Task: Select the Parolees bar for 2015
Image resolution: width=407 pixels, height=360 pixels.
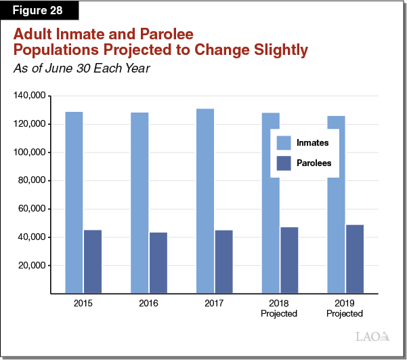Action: click(x=93, y=262)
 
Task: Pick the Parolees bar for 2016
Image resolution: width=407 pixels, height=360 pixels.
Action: click(x=158, y=263)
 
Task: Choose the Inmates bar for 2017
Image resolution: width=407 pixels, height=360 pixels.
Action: click(x=205, y=201)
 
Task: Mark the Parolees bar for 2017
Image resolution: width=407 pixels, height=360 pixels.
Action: click(x=223, y=262)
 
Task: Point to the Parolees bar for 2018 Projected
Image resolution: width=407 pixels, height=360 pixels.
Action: click(x=289, y=260)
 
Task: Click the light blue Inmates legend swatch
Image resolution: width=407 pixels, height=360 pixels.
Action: click(x=284, y=143)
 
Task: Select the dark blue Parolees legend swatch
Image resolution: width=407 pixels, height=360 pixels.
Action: click(x=284, y=163)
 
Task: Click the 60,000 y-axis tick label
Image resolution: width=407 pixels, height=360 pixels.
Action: click(x=30, y=209)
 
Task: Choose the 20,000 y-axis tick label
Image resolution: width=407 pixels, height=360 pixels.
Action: click(x=30, y=266)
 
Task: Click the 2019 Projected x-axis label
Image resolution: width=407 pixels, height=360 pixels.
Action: click(x=345, y=309)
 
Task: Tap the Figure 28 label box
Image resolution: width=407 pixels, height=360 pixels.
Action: click(x=39, y=11)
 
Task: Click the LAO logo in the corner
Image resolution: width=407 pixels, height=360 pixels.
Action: click(x=372, y=336)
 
